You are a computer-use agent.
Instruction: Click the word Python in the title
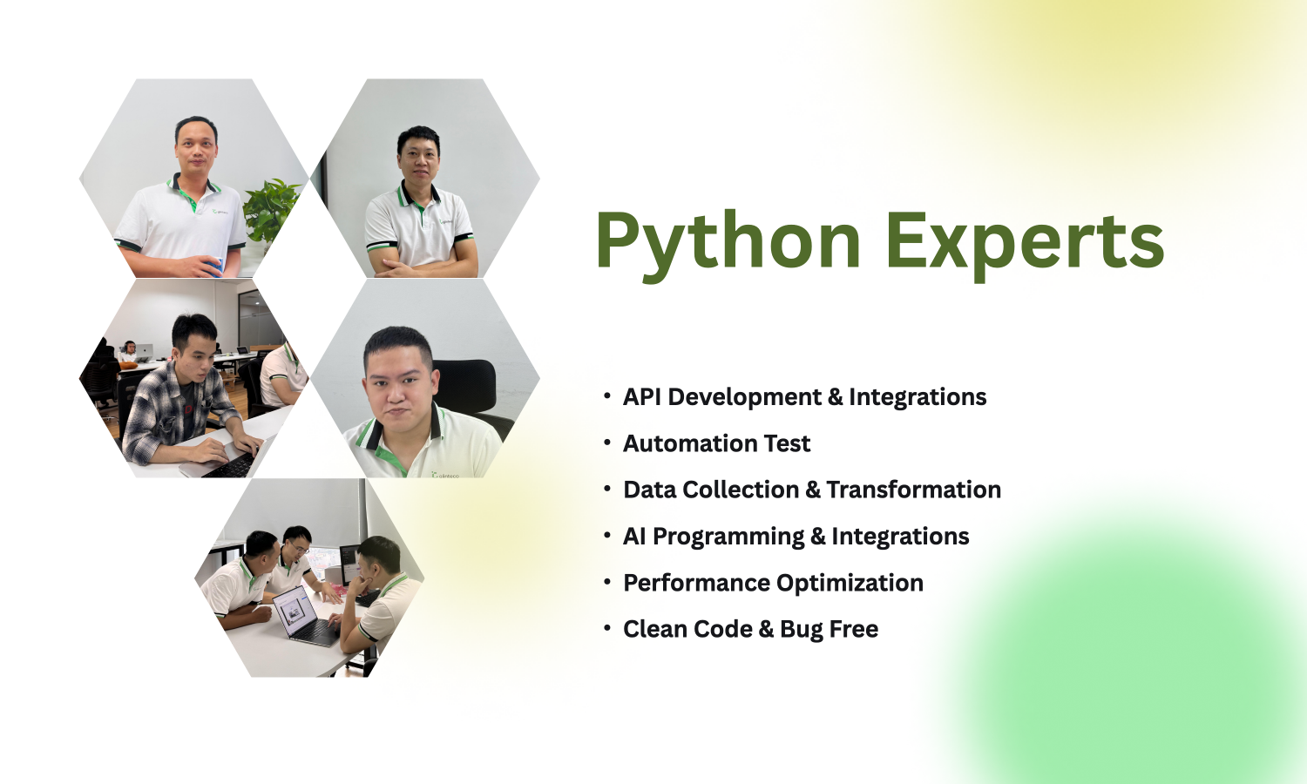[x=728, y=242]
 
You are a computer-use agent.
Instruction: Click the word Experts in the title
[x=1025, y=242]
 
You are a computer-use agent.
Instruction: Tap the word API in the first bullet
[x=643, y=397]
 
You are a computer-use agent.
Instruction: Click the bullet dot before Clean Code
[x=607, y=627]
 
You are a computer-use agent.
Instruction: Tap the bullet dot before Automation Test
[x=607, y=442]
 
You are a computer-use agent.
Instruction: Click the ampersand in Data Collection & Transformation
[x=813, y=490]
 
